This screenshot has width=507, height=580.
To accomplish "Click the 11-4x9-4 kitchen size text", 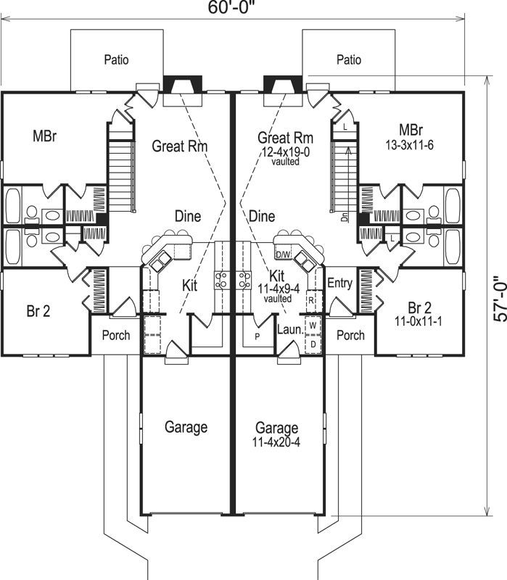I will pyautogui.click(x=276, y=289).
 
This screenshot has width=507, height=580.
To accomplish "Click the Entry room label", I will pyautogui.click(x=339, y=283).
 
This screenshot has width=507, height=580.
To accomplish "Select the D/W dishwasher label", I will pyautogui.click(x=283, y=255).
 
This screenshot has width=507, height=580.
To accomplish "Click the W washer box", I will pyautogui.click(x=313, y=325).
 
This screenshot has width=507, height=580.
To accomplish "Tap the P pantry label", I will pyautogui.click(x=256, y=336).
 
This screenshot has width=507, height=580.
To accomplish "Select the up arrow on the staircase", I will pyautogui.click(x=349, y=152).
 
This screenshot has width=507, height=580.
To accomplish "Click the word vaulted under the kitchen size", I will pyautogui.click(x=276, y=298).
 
